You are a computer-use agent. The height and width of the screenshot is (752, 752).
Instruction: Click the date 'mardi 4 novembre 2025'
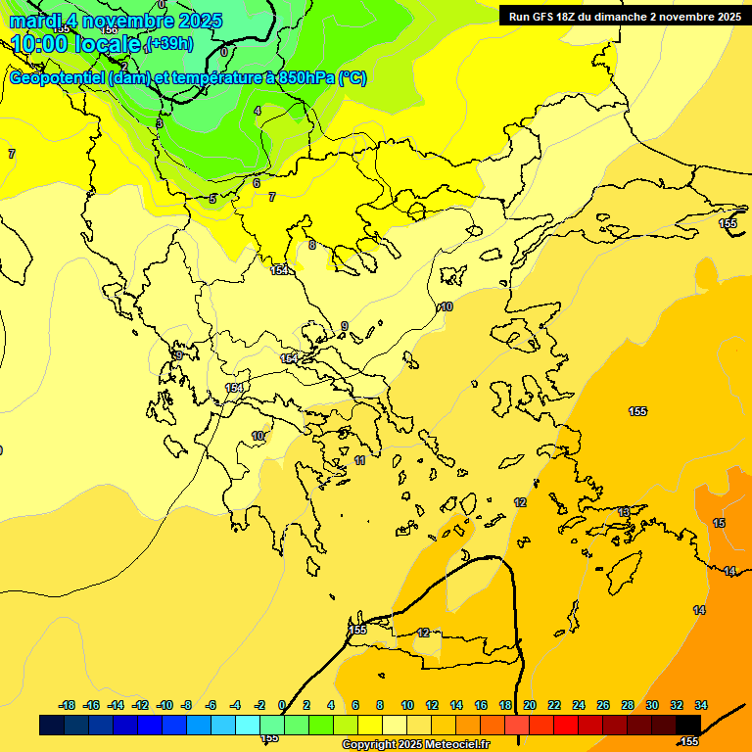(x=116, y=21)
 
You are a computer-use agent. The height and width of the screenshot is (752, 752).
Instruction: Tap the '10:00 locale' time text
(x=74, y=43)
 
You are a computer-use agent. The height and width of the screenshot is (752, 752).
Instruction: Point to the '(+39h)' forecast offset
(x=168, y=44)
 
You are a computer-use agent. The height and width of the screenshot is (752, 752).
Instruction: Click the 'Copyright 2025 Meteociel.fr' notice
(x=415, y=744)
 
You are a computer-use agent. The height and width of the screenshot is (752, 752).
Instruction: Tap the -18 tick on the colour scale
(x=68, y=705)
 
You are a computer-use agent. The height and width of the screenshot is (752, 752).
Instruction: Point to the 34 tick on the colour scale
(x=701, y=705)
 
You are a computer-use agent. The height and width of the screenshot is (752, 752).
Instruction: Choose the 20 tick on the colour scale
(x=530, y=705)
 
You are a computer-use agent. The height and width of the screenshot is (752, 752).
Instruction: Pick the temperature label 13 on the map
(x=624, y=512)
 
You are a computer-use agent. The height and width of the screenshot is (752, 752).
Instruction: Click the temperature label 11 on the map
(x=360, y=460)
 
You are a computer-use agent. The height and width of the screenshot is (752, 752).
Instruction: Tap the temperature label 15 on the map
(x=719, y=524)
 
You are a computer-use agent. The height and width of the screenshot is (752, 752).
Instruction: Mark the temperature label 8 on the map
(x=312, y=245)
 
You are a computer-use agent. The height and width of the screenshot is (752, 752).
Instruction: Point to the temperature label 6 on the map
(x=257, y=183)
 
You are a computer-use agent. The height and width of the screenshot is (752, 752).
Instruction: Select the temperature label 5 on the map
(x=212, y=199)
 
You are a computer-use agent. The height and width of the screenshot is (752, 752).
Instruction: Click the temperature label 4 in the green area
(x=258, y=111)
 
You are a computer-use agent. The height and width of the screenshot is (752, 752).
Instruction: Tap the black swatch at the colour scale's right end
(x=688, y=725)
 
